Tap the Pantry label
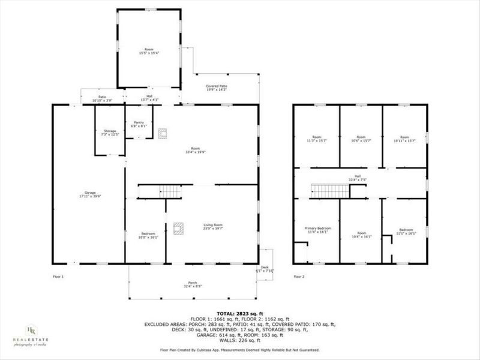coord(139,124)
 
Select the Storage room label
coord(109,132)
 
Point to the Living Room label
coord(212,226)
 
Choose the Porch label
coord(193,283)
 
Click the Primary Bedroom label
coord(317,230)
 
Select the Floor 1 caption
coord(58,277)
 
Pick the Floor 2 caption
coord(299,277)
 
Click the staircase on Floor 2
coord(329,191)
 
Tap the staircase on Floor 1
coord(170,191)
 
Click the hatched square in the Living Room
coord(178,227)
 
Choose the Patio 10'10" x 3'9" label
coord(103,99)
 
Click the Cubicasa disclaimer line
coord(239,349)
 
